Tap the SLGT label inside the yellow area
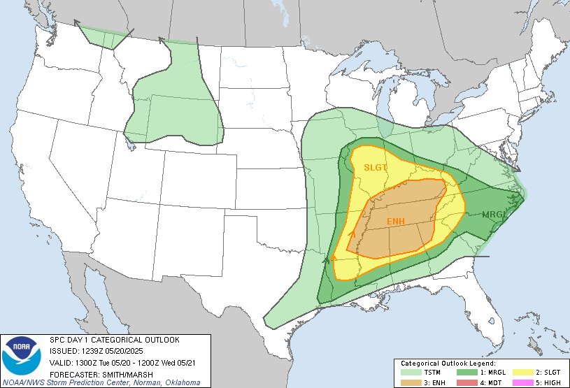[375, 167]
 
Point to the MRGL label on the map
[495, 214]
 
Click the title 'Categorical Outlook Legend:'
[448, 364]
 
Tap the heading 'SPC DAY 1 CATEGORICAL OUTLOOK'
[114, 340]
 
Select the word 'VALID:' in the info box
[61, 362]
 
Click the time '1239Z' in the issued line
[93, 351]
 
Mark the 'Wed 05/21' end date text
[184, 362]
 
